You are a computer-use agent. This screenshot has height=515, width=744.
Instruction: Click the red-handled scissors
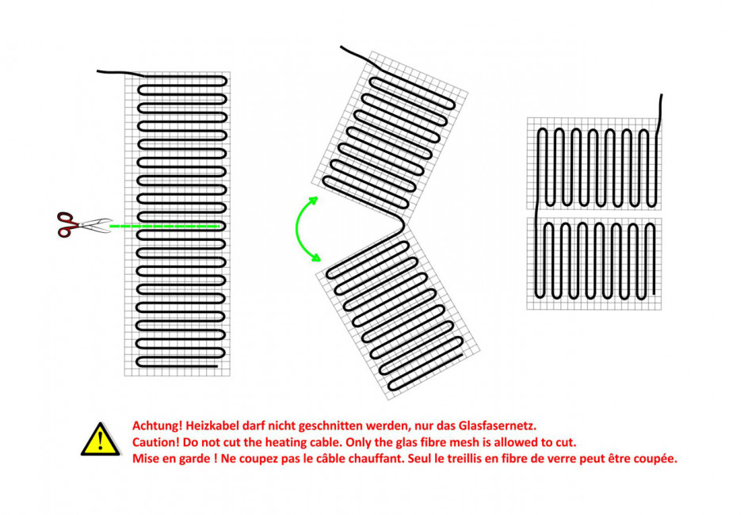(83, 224)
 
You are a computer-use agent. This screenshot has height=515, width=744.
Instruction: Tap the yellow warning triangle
(100, 440)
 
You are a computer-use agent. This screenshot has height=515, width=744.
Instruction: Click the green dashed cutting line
(165, 227)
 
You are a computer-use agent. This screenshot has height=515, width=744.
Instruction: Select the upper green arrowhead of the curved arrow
(313, 200)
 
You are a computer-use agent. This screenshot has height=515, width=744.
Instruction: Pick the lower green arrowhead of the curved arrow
(315, 257)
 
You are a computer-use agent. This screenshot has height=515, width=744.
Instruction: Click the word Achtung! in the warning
(157, 425)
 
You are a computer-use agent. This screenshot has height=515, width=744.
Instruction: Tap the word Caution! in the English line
(156, 442)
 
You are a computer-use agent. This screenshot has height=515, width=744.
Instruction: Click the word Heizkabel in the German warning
(209, 425)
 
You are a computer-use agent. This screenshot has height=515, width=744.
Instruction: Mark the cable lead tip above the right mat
(662, 95)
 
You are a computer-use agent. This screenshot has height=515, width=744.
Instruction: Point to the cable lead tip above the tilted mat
(341, 47)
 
